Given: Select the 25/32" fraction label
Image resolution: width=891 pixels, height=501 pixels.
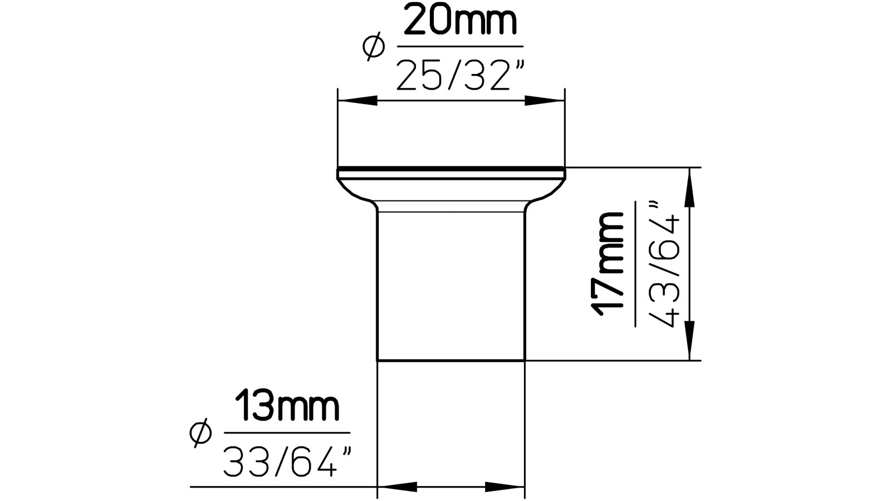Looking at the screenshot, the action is (461, 75).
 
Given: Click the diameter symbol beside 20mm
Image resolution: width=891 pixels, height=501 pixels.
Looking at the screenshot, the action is (374, 46).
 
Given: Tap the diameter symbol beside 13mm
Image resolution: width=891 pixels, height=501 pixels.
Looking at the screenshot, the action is (200, 433).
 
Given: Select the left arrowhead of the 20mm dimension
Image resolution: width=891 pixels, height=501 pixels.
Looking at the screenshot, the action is (358, 101).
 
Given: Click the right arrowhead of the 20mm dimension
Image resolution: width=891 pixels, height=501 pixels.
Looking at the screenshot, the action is (545, 101).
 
